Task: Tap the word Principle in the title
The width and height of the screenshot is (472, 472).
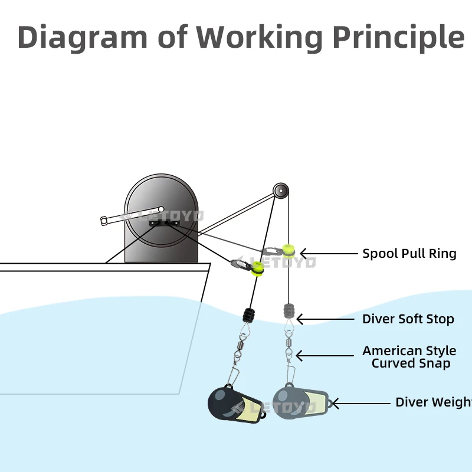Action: pos(398,37)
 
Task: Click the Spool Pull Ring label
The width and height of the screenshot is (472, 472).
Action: pos(409,254)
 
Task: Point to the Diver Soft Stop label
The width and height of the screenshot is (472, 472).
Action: pos(408,319)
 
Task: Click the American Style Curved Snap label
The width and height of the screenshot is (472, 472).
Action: pos(409,357)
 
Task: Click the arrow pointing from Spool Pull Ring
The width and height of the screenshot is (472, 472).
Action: pos(325,254)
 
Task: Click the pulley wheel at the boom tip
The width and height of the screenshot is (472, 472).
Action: pos(281,191)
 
